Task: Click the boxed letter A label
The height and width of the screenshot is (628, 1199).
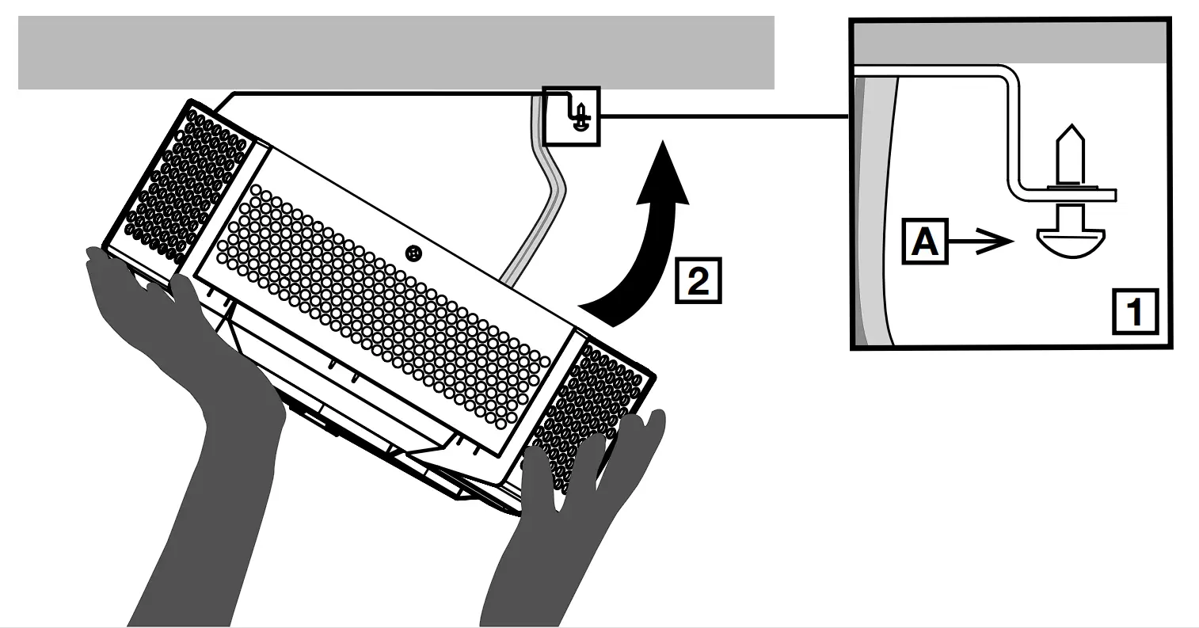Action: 925,242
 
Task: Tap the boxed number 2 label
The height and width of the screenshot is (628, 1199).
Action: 697,280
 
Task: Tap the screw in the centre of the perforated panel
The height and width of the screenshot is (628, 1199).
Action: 412,253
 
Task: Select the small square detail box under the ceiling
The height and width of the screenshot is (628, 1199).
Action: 571,116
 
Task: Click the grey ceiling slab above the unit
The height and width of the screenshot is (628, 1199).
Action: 396,52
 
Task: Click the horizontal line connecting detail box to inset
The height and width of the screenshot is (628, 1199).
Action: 725,117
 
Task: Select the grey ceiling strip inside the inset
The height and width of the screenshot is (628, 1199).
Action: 1010,43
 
